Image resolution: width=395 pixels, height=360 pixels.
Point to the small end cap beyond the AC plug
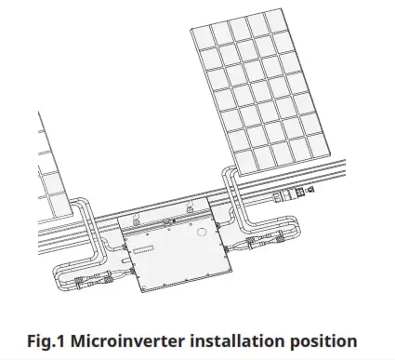[x=309, y=190]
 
